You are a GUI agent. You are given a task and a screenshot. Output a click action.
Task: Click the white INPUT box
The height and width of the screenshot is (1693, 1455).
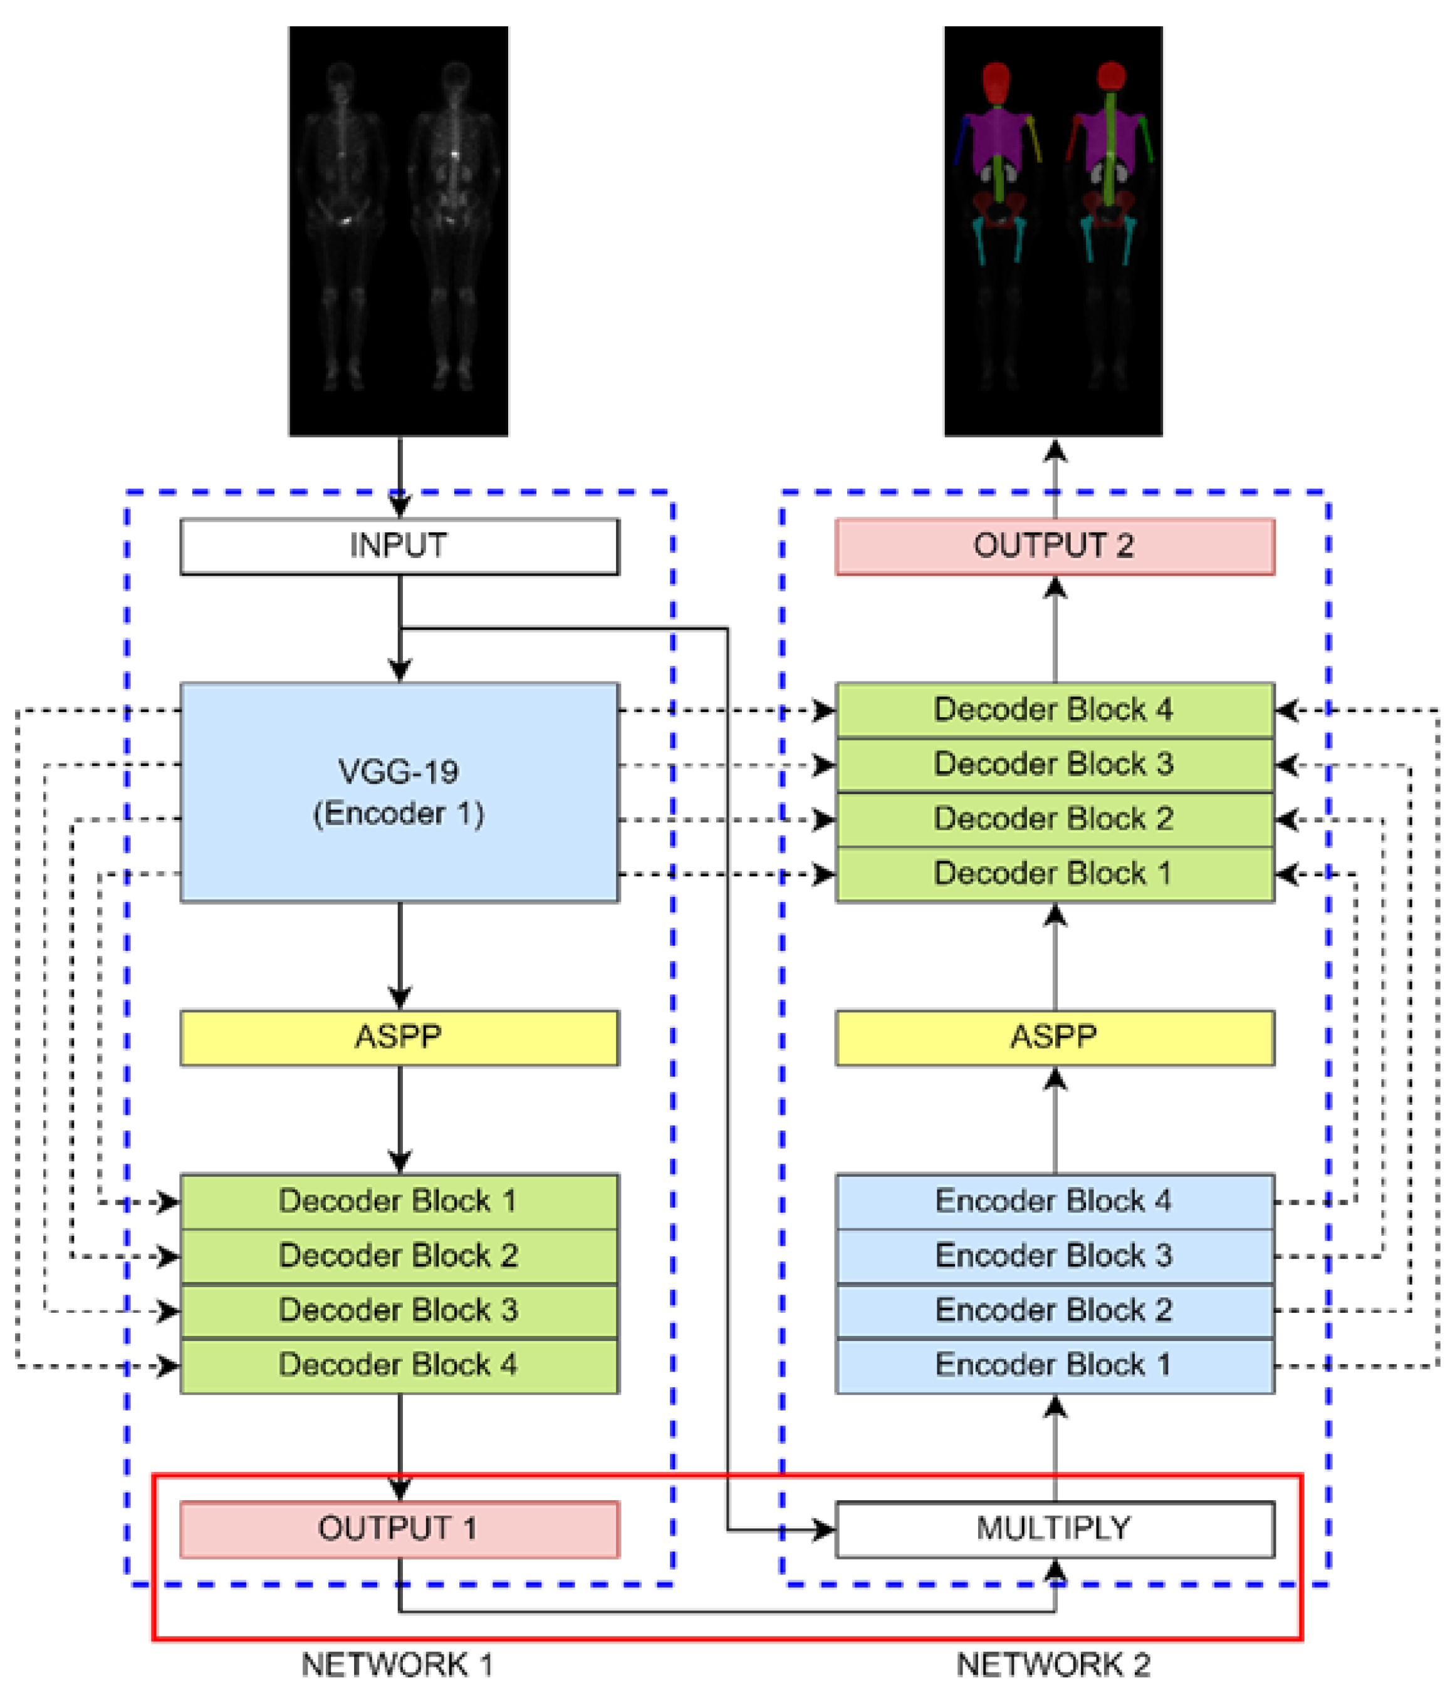399,546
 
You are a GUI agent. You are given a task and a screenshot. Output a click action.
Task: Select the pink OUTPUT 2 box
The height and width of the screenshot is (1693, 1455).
1055,546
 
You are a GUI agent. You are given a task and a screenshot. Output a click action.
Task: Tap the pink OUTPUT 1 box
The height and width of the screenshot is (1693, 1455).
399,1529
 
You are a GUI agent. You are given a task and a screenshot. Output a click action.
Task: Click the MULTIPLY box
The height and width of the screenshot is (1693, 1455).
1055,1529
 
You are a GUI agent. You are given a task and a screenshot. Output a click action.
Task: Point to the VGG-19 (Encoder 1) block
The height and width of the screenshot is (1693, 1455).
399,792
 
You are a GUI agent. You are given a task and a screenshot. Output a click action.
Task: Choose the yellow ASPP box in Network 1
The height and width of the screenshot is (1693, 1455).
399,1038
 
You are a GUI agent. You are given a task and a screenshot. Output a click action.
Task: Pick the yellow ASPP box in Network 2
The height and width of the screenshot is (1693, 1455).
1055,1038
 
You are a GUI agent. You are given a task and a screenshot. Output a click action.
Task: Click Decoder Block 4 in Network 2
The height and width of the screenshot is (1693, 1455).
1055,710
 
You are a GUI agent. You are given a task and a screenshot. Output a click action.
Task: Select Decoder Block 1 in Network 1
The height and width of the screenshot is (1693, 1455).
399,1202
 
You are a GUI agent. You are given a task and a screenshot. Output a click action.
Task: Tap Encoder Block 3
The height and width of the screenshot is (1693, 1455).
1055,1256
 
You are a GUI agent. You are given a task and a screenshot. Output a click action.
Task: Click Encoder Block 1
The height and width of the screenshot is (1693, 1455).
1055,1365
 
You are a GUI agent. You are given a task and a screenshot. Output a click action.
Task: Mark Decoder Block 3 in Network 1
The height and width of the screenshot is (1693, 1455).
399,1310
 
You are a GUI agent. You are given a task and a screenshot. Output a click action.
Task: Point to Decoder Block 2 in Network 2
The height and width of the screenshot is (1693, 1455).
1055,819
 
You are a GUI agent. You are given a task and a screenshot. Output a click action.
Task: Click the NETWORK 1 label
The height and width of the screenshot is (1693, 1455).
397,1664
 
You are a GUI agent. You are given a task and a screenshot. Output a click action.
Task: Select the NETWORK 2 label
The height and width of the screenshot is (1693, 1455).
1053,1664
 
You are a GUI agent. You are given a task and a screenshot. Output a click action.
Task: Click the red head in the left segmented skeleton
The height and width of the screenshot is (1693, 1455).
996,81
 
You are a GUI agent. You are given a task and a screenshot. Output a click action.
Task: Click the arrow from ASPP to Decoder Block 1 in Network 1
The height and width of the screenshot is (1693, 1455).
400,1119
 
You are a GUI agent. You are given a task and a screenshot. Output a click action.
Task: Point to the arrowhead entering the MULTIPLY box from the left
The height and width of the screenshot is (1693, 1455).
824,1530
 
